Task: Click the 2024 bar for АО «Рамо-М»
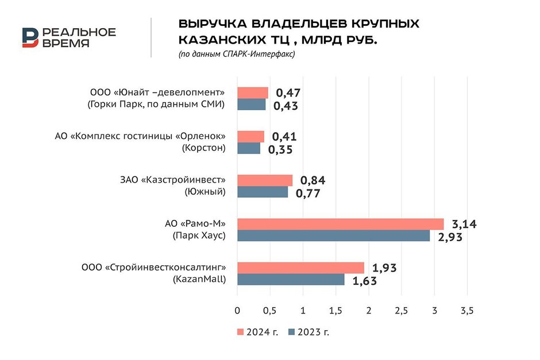pos(340,224)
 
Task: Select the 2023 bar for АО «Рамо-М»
pos(333,235)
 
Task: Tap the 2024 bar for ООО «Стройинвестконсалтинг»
pos(300,268)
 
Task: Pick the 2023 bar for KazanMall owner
pos(291,279)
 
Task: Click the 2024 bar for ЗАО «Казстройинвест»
pos(265,180)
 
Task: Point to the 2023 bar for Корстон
pos(249,148)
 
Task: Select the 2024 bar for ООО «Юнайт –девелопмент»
pos(253,93)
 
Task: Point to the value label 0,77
pos(308,193)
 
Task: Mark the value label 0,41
pos(284,137)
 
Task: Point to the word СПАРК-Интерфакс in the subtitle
pos(270,54)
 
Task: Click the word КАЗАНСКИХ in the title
pos(218,40)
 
